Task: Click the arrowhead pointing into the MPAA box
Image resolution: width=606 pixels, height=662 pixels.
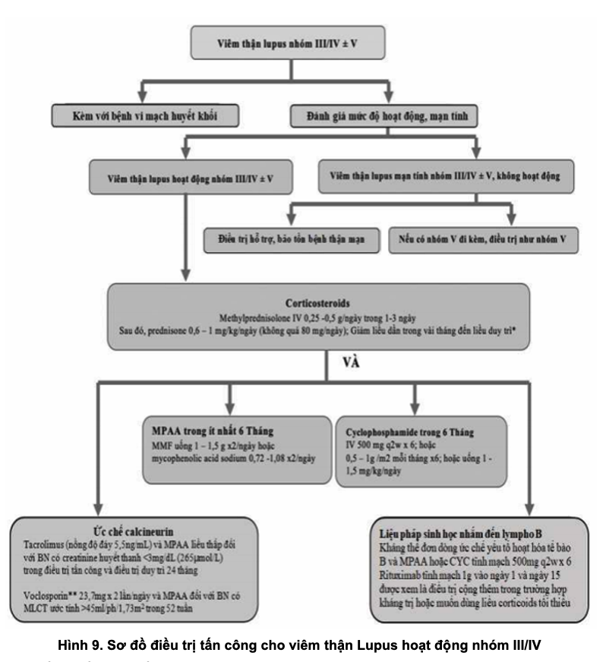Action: [x=229, y=405]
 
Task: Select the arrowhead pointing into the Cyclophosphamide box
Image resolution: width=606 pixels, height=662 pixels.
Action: [x=413, y=405]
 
